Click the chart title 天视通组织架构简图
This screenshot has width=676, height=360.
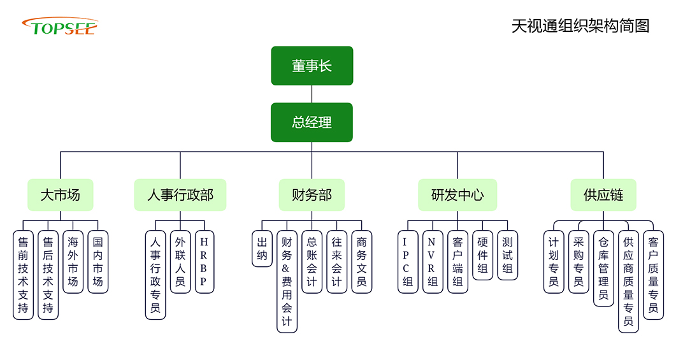[x=580, y=26]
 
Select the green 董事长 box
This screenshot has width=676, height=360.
[x=312, y=66]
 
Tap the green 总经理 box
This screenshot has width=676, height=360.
[x=312, y=122]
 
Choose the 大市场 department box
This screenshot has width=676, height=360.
[x=61, y=195]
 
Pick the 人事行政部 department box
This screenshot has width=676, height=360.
[x=180, y=195]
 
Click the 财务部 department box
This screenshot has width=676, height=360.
[x=312, y=195]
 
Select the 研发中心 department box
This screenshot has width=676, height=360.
[x=457, y=195]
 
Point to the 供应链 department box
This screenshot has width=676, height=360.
[x=603, y=195]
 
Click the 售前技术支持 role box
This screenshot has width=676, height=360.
[x=23, y=275]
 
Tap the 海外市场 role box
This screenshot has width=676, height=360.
[x=73, y=261]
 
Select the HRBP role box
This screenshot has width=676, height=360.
[x=204, y=261]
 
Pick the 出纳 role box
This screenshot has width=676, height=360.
[x=262, y=248]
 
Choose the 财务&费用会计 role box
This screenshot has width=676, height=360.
[x=287, y=281]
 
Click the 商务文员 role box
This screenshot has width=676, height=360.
[x=362, y=261]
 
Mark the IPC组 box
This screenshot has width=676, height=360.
[x=408, y=261]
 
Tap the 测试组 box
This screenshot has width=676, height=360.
[x=507, y=255]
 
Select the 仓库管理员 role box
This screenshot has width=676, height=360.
[x=603, y=268]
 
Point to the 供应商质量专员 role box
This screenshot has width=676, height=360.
[x=628, y=281]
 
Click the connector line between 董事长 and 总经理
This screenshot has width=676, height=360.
[x=312, y=94]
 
